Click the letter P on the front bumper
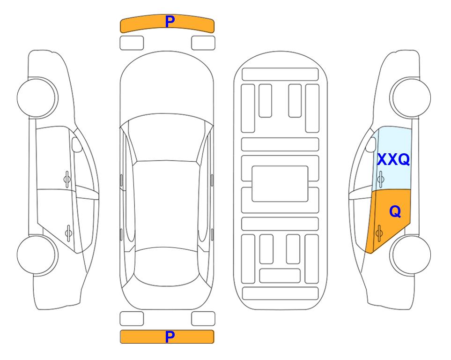[x=170, y=22]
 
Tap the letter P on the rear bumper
[x=170, y=337]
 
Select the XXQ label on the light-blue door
[x=393, y=159]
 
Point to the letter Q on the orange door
[x=395, y=212]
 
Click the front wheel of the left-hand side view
[x=37, y=98]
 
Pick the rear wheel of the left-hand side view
[x=37, y=255]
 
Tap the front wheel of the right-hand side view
[x=411, y=98]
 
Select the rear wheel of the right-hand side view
[x=411, y=255]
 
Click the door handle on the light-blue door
[x=380, y=179]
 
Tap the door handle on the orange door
[x=379, y=233]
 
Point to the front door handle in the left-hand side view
[x=67, y=179]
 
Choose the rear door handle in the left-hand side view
[x=68, y=233]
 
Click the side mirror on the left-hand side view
[x=76, y=144]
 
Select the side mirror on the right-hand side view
[x=371, y=144]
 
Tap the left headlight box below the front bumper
[x=132, y=43]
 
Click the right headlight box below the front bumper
[x=203, y=43]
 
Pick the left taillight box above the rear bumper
[x=132, y=319]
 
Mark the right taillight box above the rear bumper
[x=203, y=319]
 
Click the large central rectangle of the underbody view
[x=280, y=184]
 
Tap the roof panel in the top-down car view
[x=166, y=206]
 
